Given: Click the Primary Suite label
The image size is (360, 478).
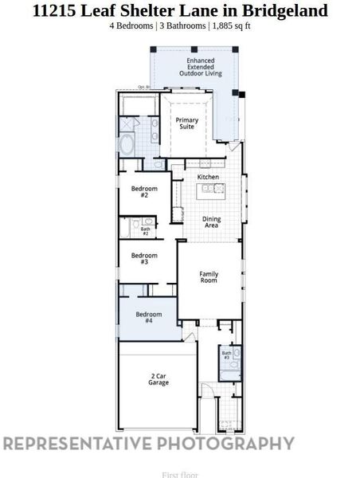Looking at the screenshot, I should click(187, 123).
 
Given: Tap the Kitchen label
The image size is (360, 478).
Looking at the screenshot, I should click(208, 177).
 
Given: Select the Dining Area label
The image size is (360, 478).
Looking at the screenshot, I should click(211, 222).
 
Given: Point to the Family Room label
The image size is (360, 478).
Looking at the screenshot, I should click(209, 277).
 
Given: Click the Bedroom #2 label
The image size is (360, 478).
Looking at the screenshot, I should click(144, 192).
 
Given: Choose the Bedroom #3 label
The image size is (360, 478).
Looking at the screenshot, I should click(144, 259).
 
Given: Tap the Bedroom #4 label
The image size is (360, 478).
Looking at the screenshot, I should click(149, 317).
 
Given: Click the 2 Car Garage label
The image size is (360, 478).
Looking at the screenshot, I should click(158, 379).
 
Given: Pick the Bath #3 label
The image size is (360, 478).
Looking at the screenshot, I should click(227, 355).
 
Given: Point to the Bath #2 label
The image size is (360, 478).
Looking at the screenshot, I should click(146, 231).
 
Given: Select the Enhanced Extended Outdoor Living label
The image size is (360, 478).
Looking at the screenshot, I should click(201, 68).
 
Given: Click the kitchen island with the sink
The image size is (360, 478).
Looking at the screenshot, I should click(213, 189).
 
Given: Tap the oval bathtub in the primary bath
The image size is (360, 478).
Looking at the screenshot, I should click(127, 145).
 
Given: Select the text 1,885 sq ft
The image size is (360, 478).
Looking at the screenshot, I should click(233, 25).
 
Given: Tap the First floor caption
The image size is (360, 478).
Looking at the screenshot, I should click(180, 475).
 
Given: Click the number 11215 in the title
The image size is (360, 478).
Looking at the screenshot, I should click(55, 11).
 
